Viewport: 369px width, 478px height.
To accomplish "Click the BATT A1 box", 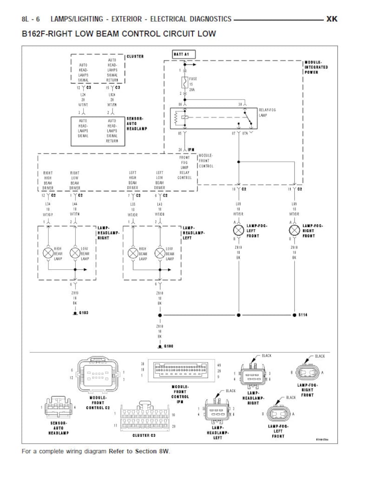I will (184, 54).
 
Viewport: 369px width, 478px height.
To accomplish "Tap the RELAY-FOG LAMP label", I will (267, 112).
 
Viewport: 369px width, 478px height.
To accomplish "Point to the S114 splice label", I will (303, 315).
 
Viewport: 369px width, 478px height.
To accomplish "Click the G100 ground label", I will (168, 346).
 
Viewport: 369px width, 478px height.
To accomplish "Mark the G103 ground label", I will (83, 312).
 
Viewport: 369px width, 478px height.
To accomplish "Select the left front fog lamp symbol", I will (238, 230).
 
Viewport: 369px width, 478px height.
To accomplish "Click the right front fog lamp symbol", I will (294, 230).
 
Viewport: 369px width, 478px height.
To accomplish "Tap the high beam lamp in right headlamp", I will (48, 253).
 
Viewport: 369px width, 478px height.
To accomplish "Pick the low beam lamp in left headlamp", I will (160, 253).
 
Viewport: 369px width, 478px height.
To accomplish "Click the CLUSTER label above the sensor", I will (135, 57).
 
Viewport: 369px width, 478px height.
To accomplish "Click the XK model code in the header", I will (331, 19).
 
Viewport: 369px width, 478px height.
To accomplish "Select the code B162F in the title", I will (36, 34).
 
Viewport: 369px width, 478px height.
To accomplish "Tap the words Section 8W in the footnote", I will (152, 451).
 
